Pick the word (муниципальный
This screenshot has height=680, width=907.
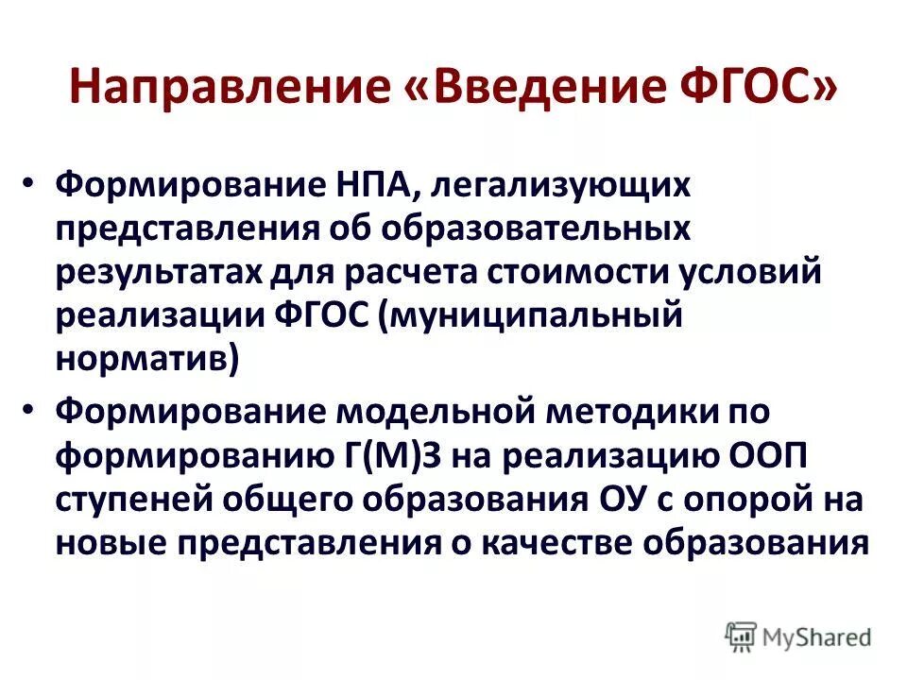(528, 317)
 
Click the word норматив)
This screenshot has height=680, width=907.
(146, 360)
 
